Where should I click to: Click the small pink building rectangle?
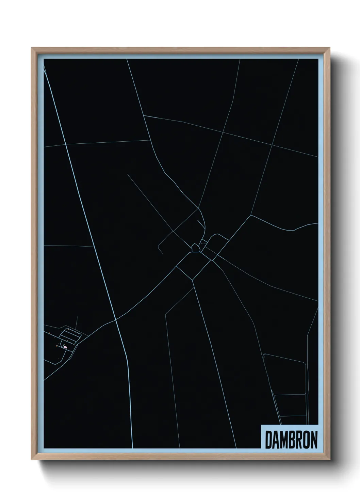click(x=65, y=347)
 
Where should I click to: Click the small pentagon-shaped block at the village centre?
click(x=195, y=248)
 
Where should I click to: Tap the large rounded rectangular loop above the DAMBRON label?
click(x=286, y=375)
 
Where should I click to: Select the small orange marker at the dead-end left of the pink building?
click(x=57, y=346)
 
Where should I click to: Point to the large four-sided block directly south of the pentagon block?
click(x=193, y=266)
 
